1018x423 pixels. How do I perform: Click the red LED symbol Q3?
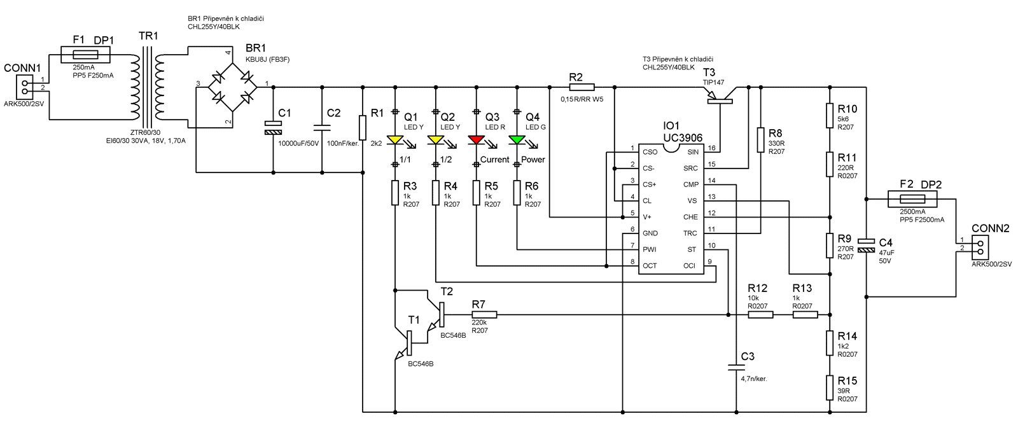[x=476, y=139]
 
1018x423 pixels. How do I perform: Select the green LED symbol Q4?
[x=517, y=139]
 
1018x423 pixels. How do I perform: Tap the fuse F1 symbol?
[x=85, y=55]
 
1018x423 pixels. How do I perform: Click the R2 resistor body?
[x=581, y=87]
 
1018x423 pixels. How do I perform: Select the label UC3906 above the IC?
[x=683, y=137]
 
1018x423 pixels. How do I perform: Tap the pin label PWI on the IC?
[x=650, y=249]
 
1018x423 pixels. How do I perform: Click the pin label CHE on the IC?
[x=690, y=217]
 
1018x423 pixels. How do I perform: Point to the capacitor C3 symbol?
[x=736, y=367]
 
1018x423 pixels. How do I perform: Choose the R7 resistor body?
[x=484, y=314]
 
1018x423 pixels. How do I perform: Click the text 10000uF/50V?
[x=298, y=144]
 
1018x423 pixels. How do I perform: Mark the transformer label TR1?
[x=148, y=36]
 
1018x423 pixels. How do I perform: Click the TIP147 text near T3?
[x=713, y=83]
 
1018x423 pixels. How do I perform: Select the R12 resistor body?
[x=760, y=314]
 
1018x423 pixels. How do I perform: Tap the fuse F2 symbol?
[x=912, y=200]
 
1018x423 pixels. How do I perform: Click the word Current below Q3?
[x=494, y=160]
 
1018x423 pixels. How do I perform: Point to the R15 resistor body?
[x=830, y=387]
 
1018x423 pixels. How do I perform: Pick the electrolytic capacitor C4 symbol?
[x=866, y=246]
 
